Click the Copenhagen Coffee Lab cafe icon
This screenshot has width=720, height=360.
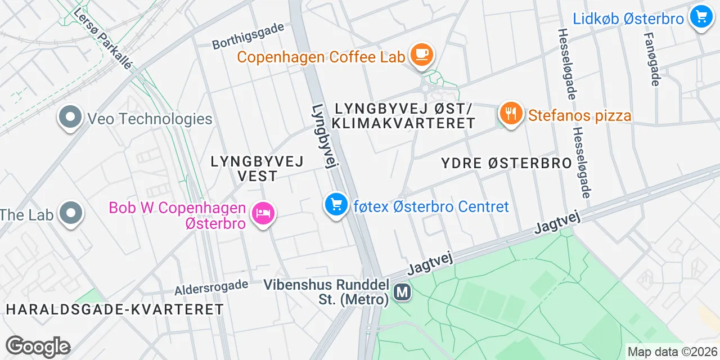(x=421, y=55)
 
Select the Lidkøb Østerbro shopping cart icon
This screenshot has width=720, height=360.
(x=701, y=17)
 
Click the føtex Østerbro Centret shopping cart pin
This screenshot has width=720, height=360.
(x=336, y=205)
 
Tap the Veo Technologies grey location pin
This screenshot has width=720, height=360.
(x=70, y=118)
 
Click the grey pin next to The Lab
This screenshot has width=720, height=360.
(x=70, y=213)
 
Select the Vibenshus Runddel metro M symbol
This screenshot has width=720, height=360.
(x=402, y=292)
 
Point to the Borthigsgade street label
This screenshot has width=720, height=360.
(x=248, y=37)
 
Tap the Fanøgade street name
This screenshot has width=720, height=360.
(x=651, y=58)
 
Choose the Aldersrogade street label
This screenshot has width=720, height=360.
(x=211, y=288)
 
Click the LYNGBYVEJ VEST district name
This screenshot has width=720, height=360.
(x=257, y=168)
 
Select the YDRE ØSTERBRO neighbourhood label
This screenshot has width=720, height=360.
(x=506, y=164)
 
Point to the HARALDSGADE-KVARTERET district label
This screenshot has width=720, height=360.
(x=115, y=309)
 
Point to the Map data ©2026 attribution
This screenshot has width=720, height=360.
(x=673, y=352)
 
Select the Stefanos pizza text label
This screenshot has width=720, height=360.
(x=580, y=116)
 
